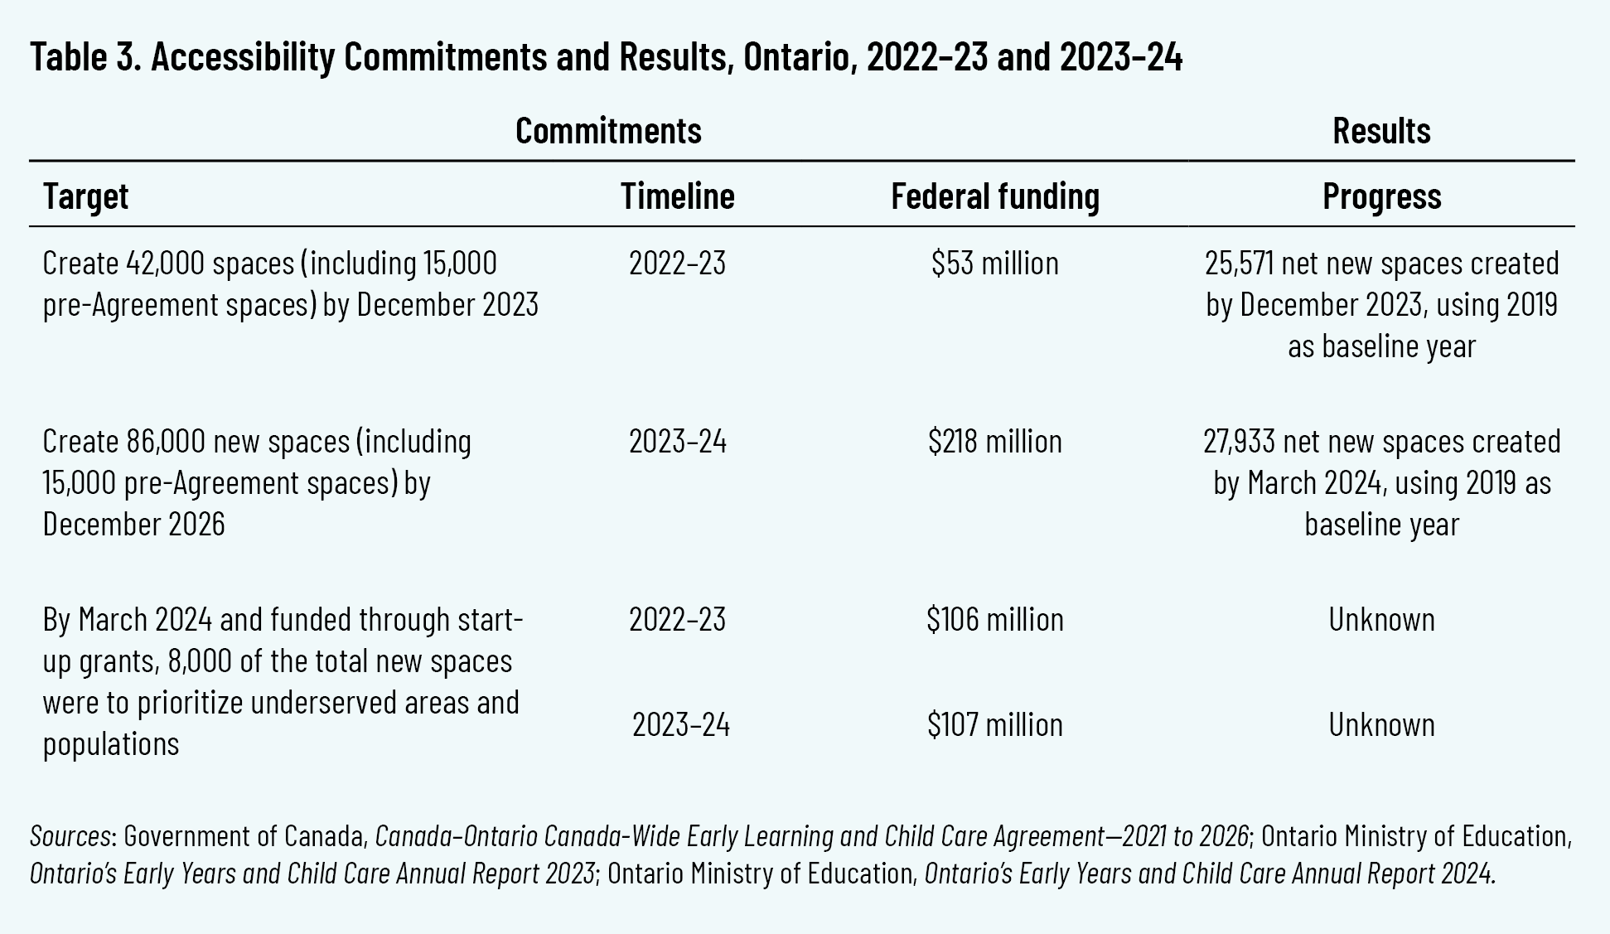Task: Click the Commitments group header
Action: point(608,131)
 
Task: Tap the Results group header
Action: point(1381,131)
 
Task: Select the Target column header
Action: point(85,196)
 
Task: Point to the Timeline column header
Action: point(677,196)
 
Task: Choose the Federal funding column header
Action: point(994,196)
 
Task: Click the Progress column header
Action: point(1381,196)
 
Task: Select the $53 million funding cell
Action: point(994,264)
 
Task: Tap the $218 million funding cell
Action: point(994,442)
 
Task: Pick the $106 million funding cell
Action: point(994,620)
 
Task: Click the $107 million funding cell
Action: point(994,725)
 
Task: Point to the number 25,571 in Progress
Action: point(1239,264)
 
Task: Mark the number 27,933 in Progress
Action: point(1239,442)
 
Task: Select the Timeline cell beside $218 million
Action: point(677,442)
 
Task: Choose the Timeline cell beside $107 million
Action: point(680,725)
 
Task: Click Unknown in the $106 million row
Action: point(1381,620)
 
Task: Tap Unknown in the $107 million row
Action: point(1381,725)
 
